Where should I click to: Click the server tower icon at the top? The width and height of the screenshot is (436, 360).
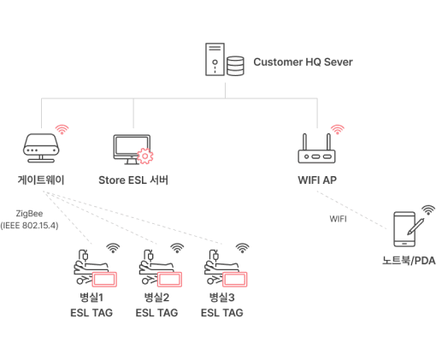(215, 59)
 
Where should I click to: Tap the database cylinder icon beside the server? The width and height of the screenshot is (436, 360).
(235, 66)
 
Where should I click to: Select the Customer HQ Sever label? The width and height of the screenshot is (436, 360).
(303, 62)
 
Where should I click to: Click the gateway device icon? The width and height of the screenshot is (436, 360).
(41, 148)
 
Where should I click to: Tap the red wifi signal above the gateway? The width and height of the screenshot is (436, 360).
(62, 129)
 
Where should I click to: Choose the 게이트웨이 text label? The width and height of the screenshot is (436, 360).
(41, 180)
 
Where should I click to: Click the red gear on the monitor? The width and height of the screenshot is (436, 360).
(145, 156)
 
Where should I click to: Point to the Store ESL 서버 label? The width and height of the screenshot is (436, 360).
(133, 180)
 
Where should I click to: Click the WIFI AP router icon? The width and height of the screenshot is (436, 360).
(316, 149)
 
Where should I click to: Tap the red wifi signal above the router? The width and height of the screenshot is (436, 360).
(338, 129)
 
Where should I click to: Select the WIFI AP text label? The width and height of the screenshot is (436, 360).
(317, 180)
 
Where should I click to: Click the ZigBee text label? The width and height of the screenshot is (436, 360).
(29, 214)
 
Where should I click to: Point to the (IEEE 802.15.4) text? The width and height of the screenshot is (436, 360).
(29, 226)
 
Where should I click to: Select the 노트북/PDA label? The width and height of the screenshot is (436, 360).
(409, 261)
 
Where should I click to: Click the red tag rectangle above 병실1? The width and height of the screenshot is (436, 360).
(104, 279)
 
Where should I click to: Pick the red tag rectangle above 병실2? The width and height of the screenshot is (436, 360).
(169, 279)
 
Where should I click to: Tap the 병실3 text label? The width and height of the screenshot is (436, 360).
(221, 298)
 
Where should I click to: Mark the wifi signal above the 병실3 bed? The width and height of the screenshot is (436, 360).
(242, 248)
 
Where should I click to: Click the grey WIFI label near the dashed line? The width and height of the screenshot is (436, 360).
(338, 219)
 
